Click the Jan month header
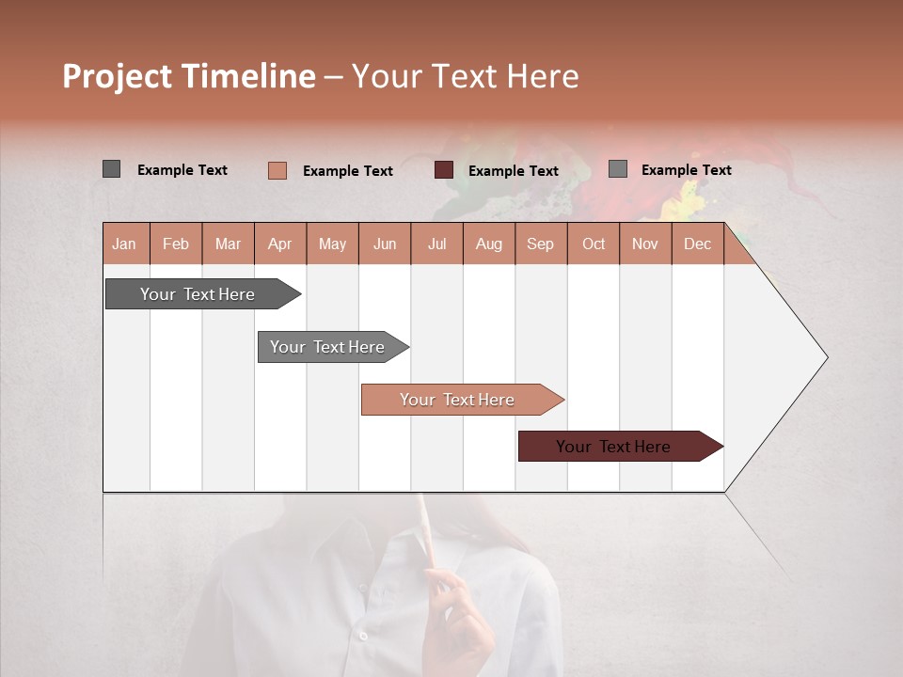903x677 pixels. click(x=125, y=244)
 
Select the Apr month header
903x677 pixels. click(x=280, y=244)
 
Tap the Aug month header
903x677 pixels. click(x=489, y=244)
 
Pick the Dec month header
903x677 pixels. click(x=697, y=244)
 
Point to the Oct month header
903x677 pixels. click(x=594, y=244)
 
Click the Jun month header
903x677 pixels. click(x=385, y=244)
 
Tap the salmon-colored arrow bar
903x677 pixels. click(x=459, y=400)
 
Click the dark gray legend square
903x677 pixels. click(x=111, y=169)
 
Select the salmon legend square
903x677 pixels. click(x=277, y=170)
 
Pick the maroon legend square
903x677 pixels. click(x=444, y=170)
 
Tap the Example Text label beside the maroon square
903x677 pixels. click(x=513, y=171)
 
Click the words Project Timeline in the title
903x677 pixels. click(x=188, y=76)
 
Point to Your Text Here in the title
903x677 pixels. click(x=465, y=76)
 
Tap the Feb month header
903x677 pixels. click(x=176, y=244)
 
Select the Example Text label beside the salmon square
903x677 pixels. click(x=347, y=171)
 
